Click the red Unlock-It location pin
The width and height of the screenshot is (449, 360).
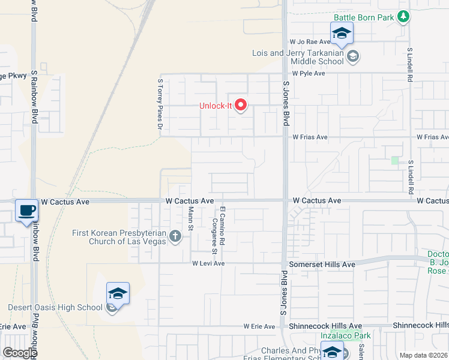tap(241, 106)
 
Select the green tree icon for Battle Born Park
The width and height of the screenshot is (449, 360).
tap(404, 16)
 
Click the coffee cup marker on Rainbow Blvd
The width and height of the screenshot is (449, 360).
tap(26, 211)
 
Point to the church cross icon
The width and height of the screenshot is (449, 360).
tap(175, 236)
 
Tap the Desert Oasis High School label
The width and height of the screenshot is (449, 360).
tap(55, 308)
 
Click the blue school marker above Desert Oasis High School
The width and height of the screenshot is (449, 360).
tap(118, 294)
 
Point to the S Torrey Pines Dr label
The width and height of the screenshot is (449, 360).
tap(160, 105)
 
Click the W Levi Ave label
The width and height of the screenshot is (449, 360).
tap(208, 263)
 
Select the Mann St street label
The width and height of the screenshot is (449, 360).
tap(191, 218)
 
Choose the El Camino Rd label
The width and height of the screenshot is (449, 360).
tap(222, 225)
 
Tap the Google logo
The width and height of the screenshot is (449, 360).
tap(20, 353)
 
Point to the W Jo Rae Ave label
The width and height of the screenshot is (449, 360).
tap(310, 42)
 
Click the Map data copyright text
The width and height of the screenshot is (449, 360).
tap(423, 355)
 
